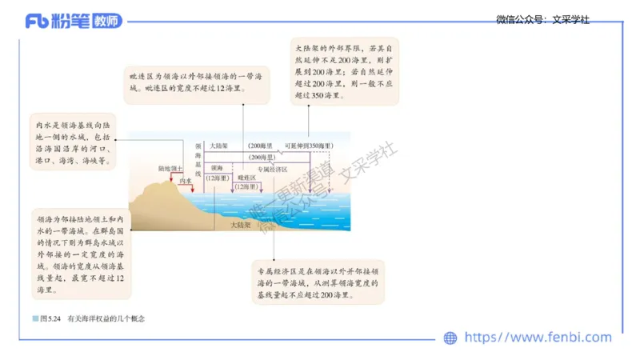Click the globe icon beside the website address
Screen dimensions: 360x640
tap(450, 338)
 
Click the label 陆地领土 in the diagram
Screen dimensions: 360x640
tap(170, 169)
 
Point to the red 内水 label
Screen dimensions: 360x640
tap(186, 182)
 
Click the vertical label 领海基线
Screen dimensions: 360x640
tap(198, 158)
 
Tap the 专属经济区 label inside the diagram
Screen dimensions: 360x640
tap(272, 170)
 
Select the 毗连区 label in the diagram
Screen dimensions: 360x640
tap(247, 178)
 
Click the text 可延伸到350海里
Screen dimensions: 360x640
tap(308, 146)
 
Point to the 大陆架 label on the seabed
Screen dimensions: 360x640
tap(240, 226)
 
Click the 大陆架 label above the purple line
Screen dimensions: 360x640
tap(219, 146)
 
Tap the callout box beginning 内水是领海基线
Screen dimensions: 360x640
tap(73, 143)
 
